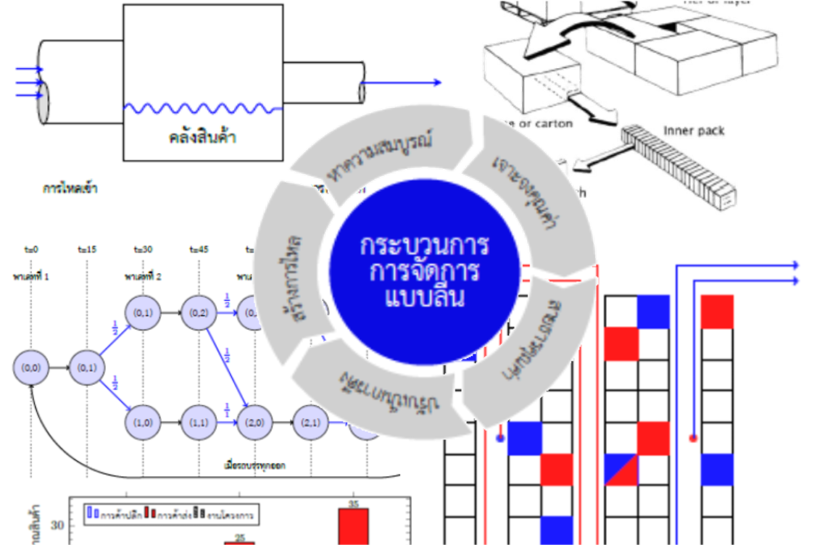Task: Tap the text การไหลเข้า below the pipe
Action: [x=70, y=189]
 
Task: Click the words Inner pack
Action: [x=693, y=131]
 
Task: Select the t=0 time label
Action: [x=30, y=249]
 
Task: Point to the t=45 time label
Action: [x=198, y=249]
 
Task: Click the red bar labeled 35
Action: [x=354, y=525]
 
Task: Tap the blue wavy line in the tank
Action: [x=203, y=109]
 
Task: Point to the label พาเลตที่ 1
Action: [x=30, y=277]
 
